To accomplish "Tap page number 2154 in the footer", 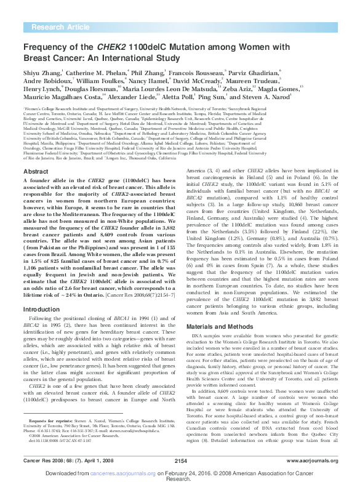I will pos(180,459).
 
